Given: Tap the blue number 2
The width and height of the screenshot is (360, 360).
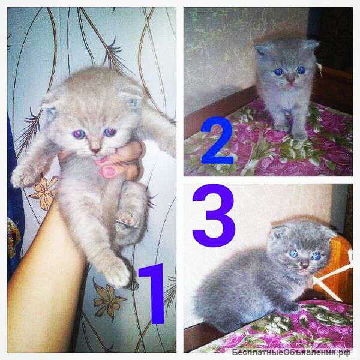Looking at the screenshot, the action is tap(217, 140).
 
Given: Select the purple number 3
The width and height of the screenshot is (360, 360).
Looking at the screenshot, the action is tap(214, 215).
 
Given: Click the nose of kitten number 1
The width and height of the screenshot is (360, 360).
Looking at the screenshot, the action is tap(95, 149).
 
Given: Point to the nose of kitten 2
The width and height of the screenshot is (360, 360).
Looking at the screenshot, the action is tap(291, 80).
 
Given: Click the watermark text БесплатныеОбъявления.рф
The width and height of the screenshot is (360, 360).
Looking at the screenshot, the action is tap(291, 352).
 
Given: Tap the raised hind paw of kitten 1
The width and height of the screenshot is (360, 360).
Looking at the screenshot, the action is tap(126, 218).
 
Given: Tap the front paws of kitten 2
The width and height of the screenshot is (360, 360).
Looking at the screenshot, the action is tap(292, 131).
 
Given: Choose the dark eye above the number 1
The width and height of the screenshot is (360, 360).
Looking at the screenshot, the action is tap(110, 133).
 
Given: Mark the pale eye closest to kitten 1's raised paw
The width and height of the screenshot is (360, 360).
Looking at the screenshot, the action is tap(79, 134).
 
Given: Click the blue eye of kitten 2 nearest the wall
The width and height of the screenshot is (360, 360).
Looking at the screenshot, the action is tap(279, 72).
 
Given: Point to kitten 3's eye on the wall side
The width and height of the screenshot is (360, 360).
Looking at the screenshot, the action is tap(293, 254).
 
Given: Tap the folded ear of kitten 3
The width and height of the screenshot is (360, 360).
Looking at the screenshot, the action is tap(278, 232).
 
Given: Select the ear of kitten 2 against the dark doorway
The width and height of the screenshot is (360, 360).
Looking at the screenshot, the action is tap(311, 45).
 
